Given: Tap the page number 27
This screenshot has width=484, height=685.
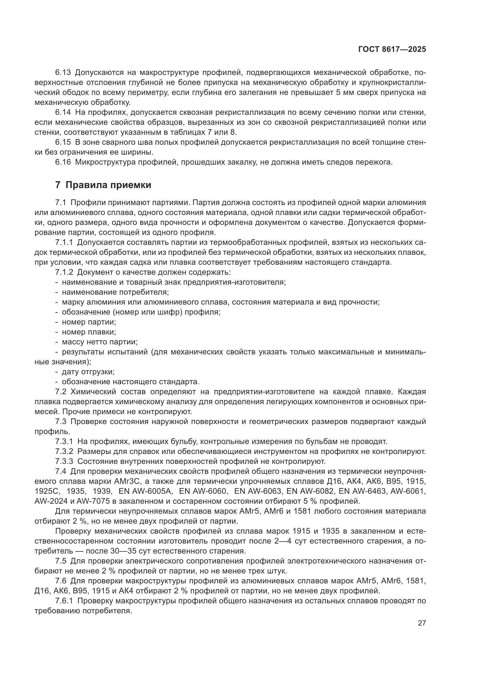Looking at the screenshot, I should tap(422, 623).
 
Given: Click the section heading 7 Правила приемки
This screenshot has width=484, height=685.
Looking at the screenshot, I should tap(103, 185).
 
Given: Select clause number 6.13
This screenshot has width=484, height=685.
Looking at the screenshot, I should tap(63, 73).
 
